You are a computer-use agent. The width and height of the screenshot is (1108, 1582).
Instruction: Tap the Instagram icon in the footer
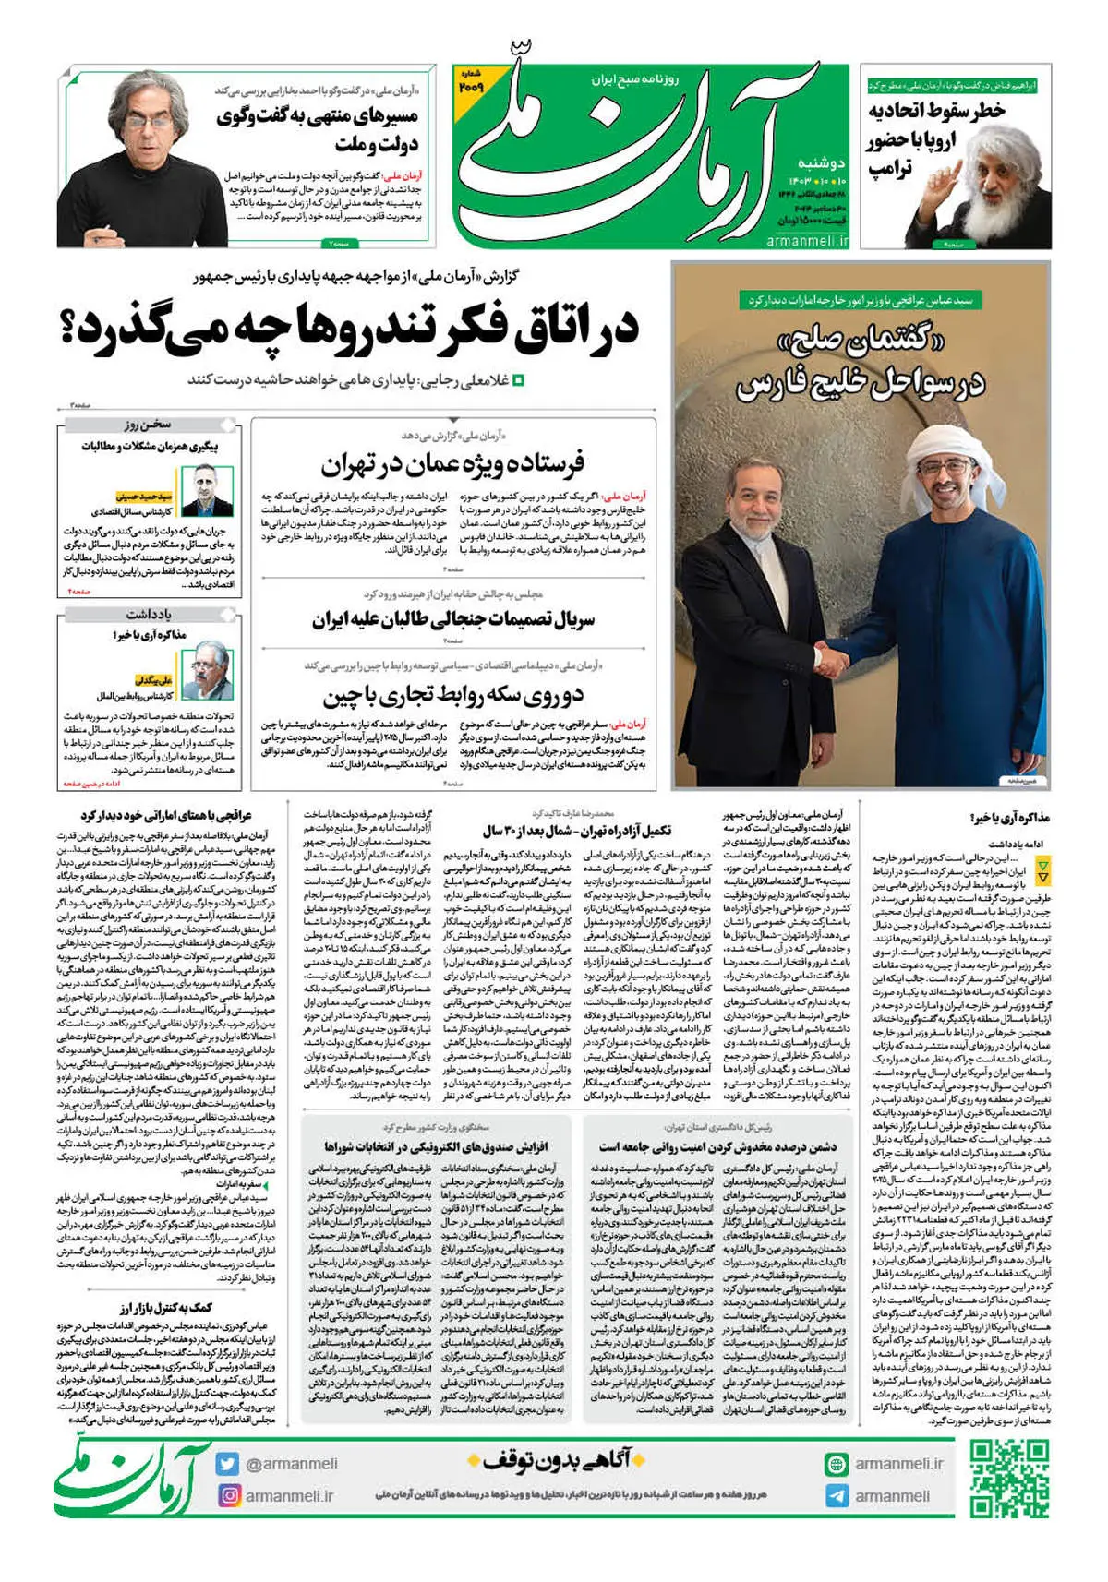[228, 1495]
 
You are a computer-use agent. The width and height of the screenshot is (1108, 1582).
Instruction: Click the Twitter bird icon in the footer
[228, 1464]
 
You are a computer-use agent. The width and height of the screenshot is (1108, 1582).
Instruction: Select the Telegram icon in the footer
[837, 1496]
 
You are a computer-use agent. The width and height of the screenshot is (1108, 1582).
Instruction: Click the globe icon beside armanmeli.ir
[837, 1464]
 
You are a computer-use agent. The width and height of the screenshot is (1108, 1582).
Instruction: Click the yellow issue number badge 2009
[470, 82]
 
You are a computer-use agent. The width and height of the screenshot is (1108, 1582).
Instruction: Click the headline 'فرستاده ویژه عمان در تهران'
[452, 463]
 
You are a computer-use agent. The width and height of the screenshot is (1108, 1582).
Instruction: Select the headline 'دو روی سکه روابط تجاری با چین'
[452, 694]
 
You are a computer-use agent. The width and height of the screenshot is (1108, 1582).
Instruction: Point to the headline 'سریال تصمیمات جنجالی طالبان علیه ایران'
[452, 618]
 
